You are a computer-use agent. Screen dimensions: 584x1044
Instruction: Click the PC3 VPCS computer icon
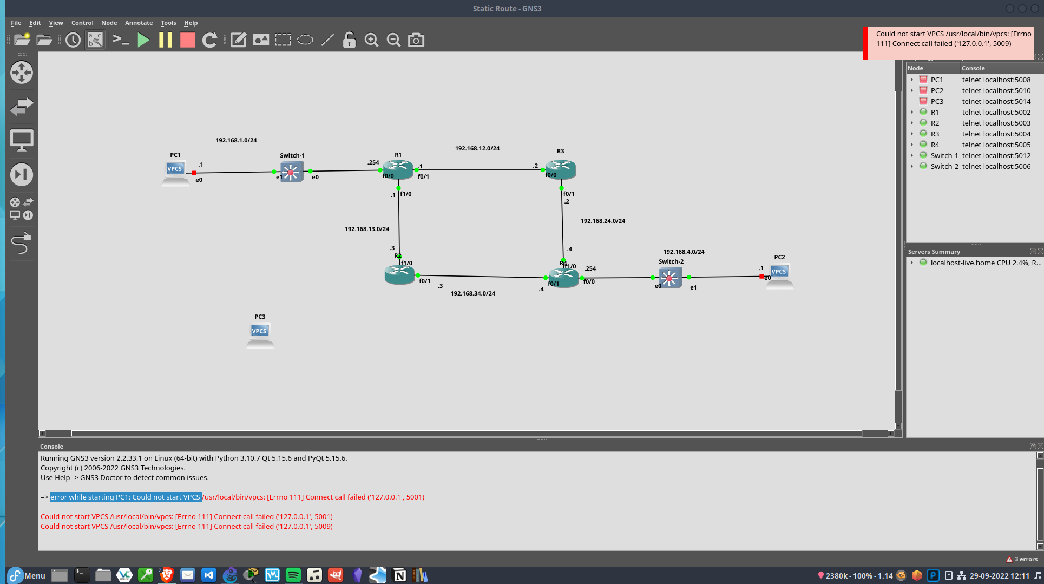coord(260,334)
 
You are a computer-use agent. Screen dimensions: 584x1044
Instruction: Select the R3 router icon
coord(561,168)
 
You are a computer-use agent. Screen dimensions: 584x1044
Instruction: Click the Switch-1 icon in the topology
coord(292,172)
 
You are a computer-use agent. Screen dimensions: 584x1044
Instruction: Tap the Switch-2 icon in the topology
coord(670,278)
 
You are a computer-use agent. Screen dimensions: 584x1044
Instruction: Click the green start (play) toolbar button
coord(143,40)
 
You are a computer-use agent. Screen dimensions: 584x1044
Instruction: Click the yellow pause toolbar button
coord(166,40)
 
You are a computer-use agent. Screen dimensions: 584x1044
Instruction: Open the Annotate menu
coord(139,23)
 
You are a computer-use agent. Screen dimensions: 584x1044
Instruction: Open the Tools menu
coord(168,23)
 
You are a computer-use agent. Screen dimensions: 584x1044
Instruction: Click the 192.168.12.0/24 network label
coord(477,148)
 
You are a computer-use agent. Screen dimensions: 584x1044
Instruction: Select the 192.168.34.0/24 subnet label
coord(473,293)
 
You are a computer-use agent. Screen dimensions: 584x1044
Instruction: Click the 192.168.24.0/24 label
coord(603,221)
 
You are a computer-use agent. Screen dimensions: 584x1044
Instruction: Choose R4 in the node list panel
coord(935,145)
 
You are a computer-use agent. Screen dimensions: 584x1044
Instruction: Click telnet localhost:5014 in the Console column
coord(996,101)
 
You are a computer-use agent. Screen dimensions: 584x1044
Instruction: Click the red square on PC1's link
coord(194,173)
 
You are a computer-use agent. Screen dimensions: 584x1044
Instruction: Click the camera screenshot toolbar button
coord(416,40)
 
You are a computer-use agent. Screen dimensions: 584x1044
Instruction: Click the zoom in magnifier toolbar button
coord(371,40)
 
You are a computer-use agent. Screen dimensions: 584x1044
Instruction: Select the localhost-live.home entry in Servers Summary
coord(963,263)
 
